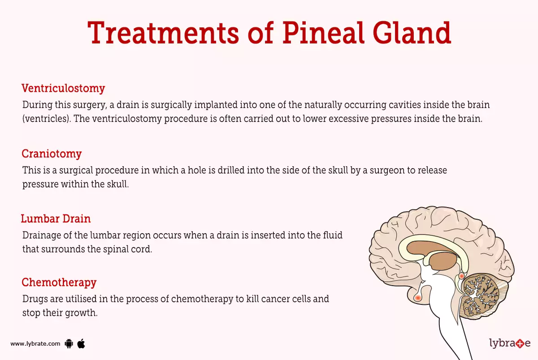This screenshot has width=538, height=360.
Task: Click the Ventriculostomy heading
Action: (x=63, y=88)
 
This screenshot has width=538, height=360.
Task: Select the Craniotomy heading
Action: (x=52, y=154)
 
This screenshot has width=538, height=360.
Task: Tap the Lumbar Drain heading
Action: (x=56, y=219)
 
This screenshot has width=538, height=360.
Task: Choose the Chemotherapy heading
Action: (x=59, y=282)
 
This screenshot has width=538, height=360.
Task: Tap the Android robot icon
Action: (x=69, y=344)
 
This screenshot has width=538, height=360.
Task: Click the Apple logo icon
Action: (x=81, y=343)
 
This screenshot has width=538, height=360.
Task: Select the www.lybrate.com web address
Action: (x=35, y=344)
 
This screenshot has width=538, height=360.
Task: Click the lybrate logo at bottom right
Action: (x=509, y=343)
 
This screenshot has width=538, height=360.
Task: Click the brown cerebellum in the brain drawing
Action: (x=481, y=294)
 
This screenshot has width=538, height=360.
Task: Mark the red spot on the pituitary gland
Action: (x=418, y=297)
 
